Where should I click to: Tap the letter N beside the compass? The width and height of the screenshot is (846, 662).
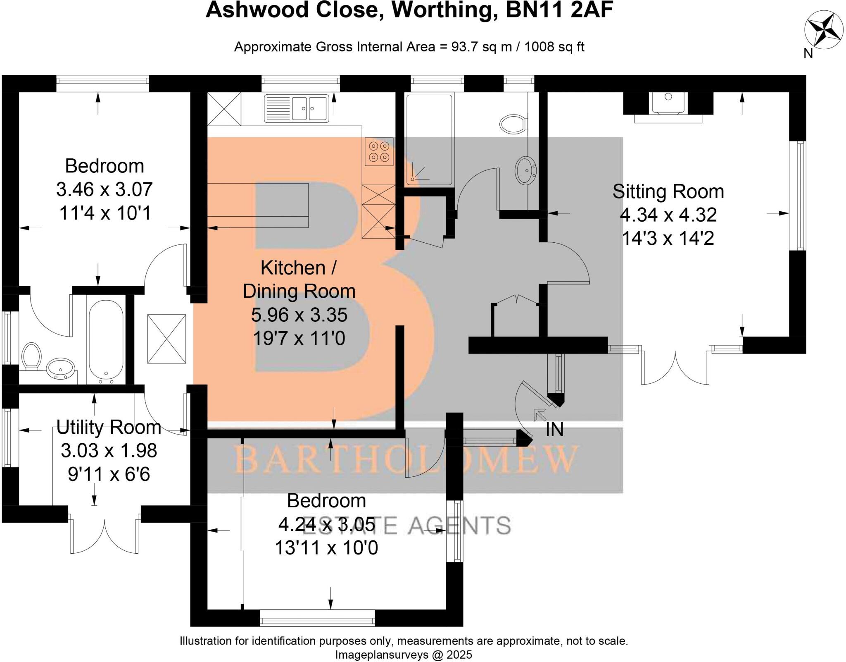coord(808,53)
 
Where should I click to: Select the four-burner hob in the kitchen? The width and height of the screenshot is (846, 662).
coord(379,152)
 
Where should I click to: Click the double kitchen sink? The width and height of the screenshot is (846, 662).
coord(296,108)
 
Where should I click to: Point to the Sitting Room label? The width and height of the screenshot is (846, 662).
coord(668,191)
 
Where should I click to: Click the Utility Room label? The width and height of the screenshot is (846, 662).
coord(109,427)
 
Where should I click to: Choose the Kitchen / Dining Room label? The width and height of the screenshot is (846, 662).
coord(299,280)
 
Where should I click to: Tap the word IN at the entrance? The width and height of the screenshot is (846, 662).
coord(554,430)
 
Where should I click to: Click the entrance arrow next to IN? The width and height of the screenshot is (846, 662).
coord(539,414)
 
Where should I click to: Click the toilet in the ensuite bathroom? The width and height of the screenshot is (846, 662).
coord(31,356)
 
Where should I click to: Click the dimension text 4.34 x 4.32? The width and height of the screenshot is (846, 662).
coord(668,215)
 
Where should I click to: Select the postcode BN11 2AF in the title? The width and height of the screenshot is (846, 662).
coord(559,10)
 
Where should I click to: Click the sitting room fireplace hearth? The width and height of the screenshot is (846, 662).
coord(668,119)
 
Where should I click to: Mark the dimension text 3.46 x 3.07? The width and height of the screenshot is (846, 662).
coord(105,190)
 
